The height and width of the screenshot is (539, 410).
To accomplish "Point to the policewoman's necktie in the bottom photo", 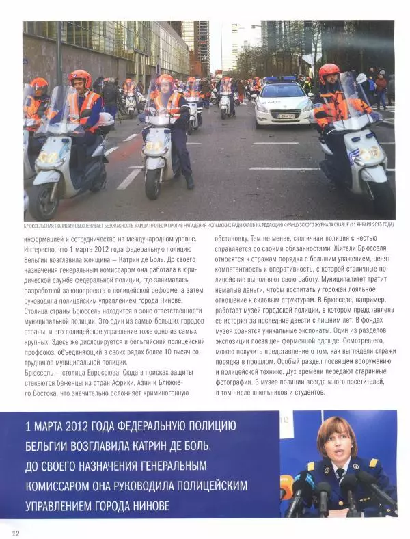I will tap(340, 474).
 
